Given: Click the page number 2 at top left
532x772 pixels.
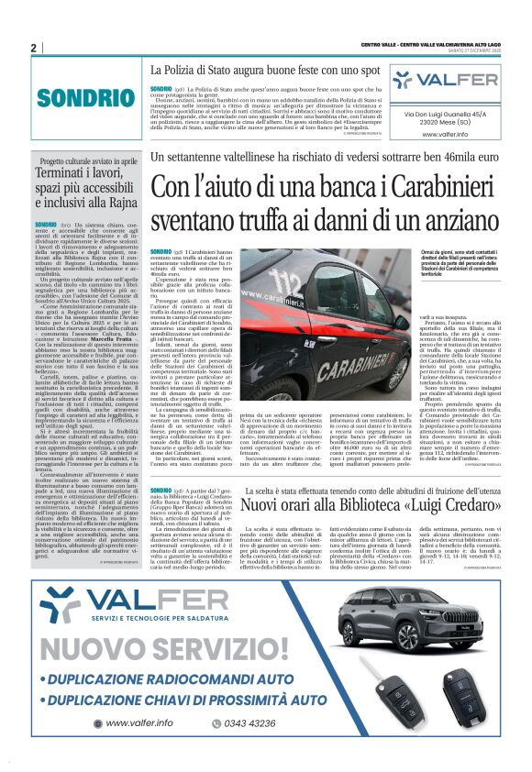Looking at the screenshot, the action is [x=33, y=48].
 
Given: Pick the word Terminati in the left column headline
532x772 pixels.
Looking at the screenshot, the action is [x=60, y=171].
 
